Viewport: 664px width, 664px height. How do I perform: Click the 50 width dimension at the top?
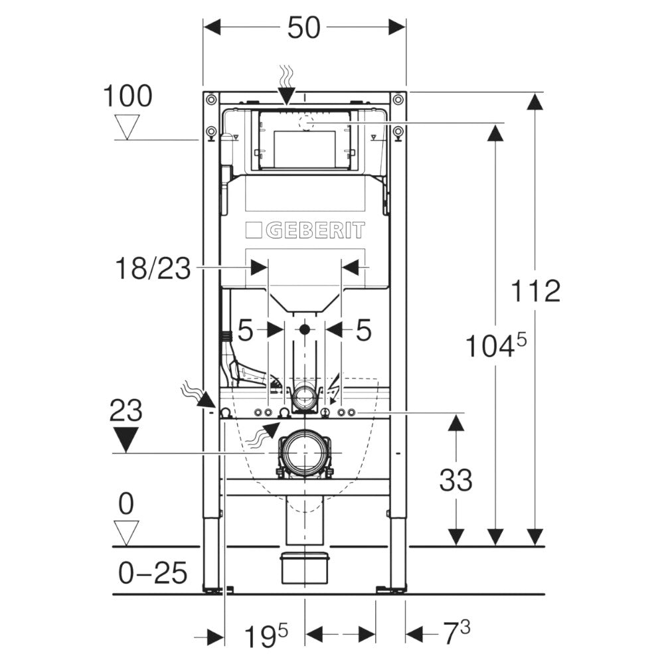point(304,27)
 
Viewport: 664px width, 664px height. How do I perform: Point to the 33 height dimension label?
point(456,479)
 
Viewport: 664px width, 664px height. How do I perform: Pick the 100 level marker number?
point(127,97)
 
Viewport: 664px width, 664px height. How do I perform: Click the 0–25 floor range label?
point(152,572)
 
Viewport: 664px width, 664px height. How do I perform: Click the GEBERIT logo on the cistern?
point(305,231)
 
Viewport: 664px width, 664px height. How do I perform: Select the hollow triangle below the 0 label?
point(125,531)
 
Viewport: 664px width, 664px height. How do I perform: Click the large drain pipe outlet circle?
point(303,454)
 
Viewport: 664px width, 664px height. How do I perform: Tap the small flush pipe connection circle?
point(305,398)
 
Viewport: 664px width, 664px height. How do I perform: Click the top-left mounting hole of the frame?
point(210,100)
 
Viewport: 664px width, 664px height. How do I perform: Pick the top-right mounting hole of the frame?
point(398,100)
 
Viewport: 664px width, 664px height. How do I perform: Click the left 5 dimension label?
point(246,330)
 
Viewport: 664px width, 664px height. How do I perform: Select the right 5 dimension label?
point(363,330)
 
